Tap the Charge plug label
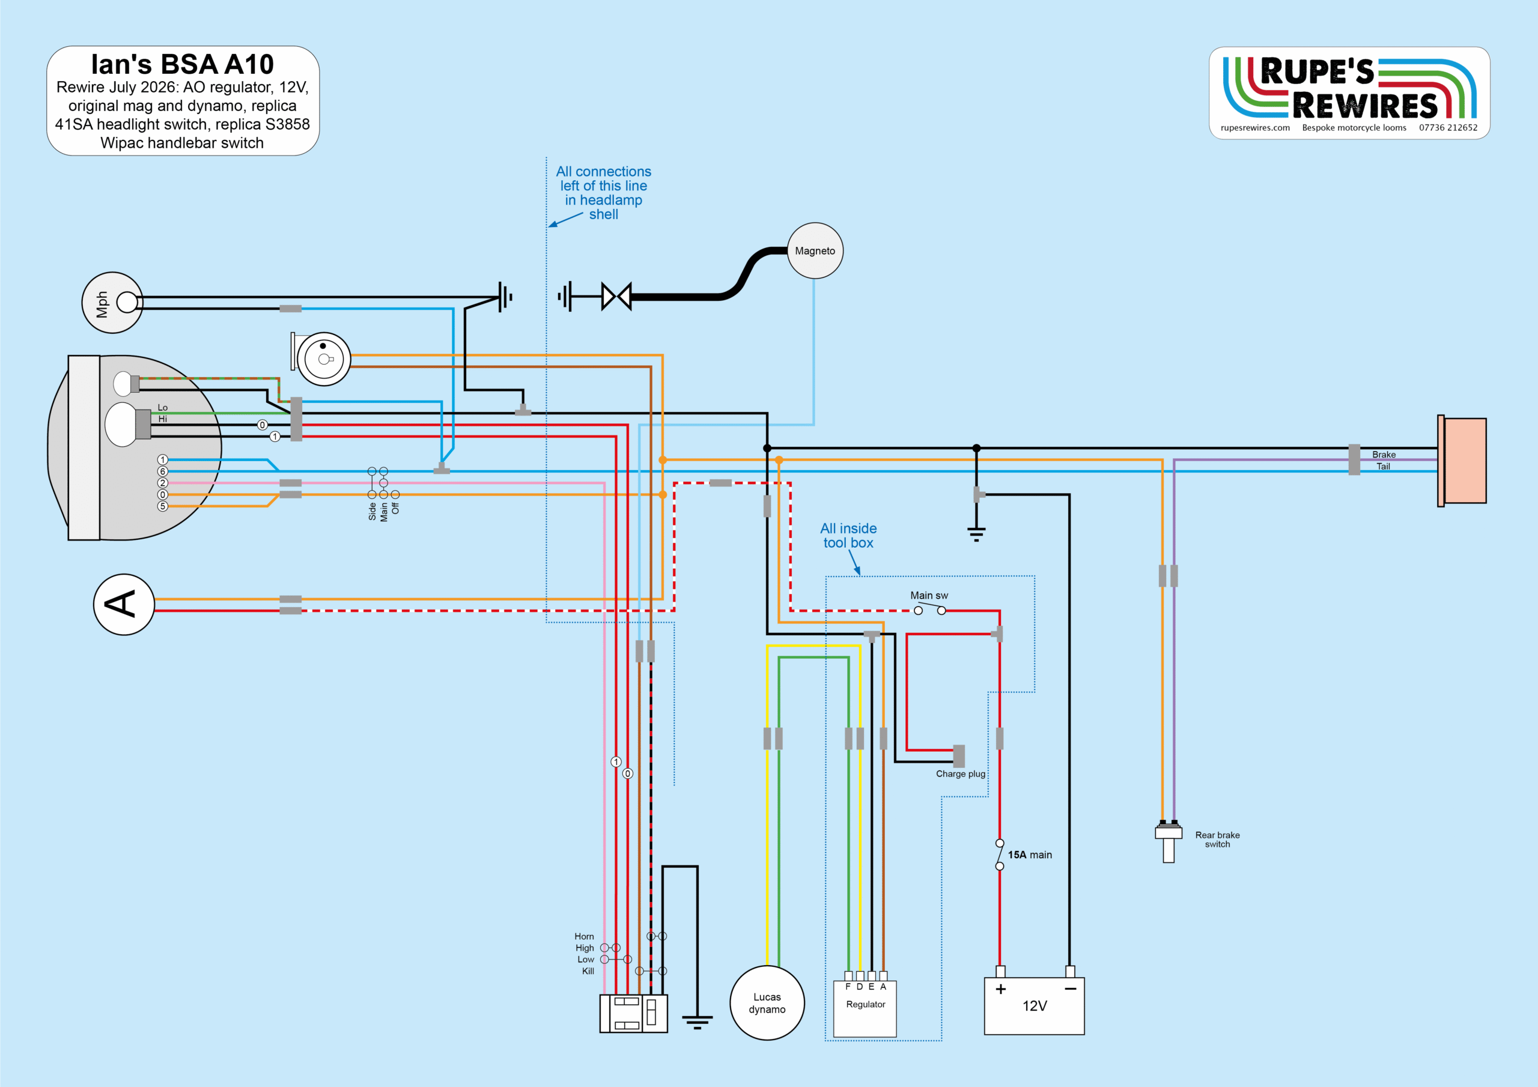tap(961, 774)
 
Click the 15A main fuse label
tap(1030, 855)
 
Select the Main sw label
tap(929, 595)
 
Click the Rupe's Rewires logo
tap(1349, 92)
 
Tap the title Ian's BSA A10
tap(182, 64)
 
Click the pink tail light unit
tap(1464, 461)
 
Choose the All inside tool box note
tap(848, 536)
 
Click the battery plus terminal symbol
tap(1001, 989)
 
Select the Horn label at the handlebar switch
tap(584, 936)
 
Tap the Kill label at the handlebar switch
tap(588, 971)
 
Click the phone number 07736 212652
tap(1448, 127)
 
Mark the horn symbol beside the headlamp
tap(321, 359)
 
